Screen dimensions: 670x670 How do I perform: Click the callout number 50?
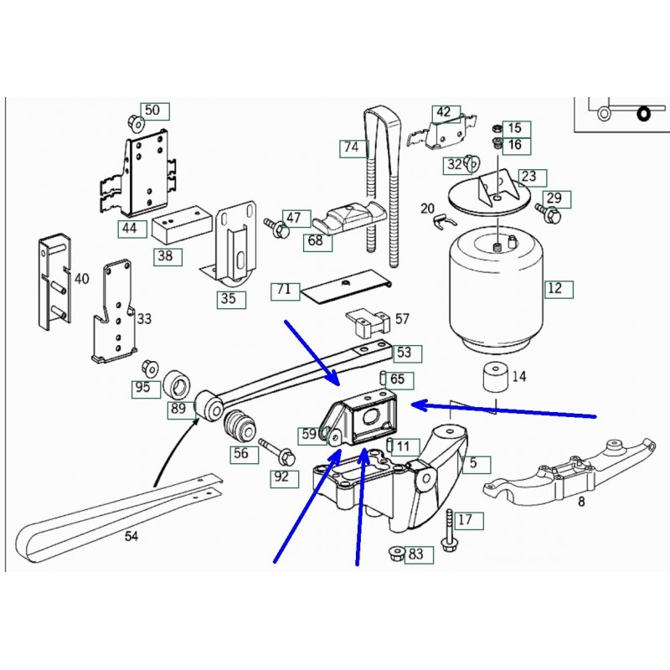click(152, 111)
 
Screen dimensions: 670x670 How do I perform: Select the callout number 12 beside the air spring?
click(554, 290)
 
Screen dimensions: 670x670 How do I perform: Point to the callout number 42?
click(443, 112)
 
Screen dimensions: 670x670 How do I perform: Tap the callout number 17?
click(465, 519)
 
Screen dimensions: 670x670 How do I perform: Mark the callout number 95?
click(142, 387)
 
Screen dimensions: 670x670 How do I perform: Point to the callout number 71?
click(284, 291)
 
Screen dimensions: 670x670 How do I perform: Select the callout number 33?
click(144, 319)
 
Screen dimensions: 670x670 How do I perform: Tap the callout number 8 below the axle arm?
click(580, 502)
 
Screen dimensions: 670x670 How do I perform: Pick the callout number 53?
click(404, 353)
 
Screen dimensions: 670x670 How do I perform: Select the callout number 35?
click(228, 298)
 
